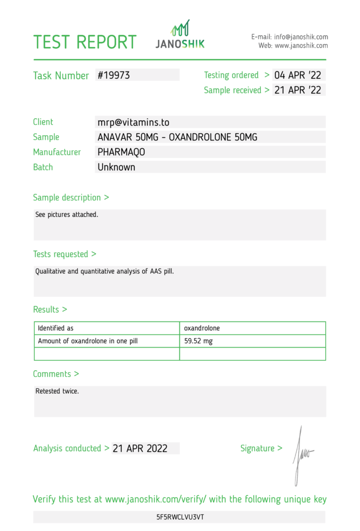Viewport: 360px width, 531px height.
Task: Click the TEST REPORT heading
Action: pos(85,42)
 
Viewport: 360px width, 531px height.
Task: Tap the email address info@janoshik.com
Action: pos(301,37)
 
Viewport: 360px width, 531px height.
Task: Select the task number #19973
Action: pos(114,75)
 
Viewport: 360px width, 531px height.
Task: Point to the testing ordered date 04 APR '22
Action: pos(298,75)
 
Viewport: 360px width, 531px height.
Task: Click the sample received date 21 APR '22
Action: pos(298,90)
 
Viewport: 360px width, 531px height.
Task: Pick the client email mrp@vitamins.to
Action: pos(133,122)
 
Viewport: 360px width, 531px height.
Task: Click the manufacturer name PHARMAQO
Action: pos(121,152)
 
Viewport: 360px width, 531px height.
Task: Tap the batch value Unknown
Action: pos(116,167)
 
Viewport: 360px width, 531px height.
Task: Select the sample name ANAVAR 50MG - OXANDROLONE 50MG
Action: pos(177,137)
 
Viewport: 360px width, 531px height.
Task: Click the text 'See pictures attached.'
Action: pos(66,214)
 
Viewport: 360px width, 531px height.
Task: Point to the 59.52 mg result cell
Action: pos(198,341)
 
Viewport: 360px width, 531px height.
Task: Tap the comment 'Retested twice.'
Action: pos(57,391)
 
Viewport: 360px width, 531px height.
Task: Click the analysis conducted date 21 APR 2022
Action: pos(140,449)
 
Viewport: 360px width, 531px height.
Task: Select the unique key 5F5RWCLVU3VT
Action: pos(179,517)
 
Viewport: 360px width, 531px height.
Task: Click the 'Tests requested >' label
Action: pos(64,254)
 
